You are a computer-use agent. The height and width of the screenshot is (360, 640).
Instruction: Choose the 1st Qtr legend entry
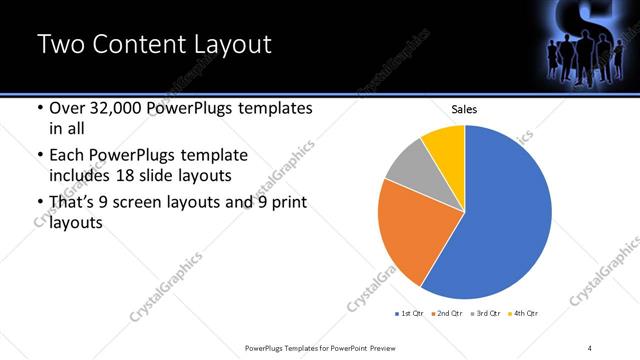point(410,314)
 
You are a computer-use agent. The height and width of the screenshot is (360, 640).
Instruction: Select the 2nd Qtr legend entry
point(445,314)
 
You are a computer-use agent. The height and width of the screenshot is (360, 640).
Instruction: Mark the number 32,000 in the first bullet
point(109,108)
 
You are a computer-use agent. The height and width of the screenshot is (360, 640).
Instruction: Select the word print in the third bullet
point(288,203)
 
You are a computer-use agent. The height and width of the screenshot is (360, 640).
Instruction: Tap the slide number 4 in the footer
point(590,347)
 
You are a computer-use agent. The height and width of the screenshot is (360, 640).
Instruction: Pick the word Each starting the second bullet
point(65,155)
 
